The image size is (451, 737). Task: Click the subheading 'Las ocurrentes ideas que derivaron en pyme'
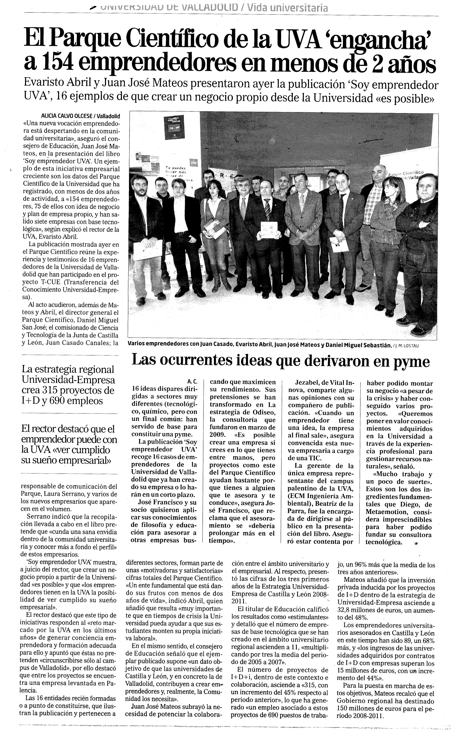tap(281, 361)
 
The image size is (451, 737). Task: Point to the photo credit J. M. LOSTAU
tap(407, 345)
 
